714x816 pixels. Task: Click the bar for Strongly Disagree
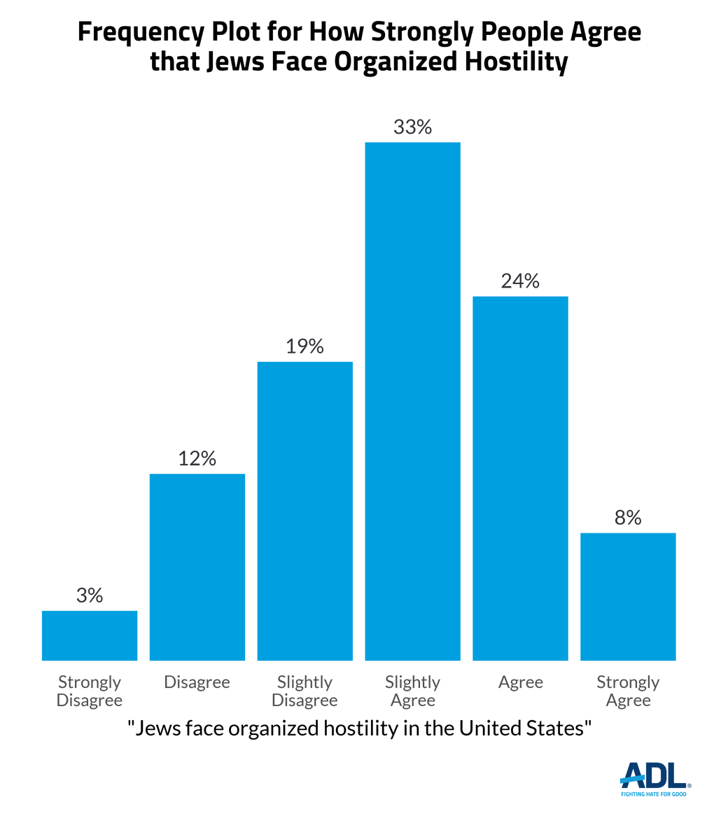tap(90, 635)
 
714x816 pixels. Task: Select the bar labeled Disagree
tap(197, 567)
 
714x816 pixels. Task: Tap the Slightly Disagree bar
tap(305, 511)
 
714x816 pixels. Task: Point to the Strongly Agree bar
tap(628, 596)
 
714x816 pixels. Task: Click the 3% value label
tap(90, 596)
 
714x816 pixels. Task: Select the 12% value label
tap(197, 459)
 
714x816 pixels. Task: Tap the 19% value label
tap(305, 346)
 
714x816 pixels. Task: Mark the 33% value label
tap(413, 127)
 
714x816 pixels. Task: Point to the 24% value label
tap(520, 281)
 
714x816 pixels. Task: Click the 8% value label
tap(628, 518)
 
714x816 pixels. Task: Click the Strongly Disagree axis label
tap(90, 691)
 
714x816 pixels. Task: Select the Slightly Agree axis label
tap(413, 691)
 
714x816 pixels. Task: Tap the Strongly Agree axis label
tap(628, 691)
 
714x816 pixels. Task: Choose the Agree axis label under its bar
tap(520, 682)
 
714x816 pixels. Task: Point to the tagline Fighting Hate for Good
tap(654, 794)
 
